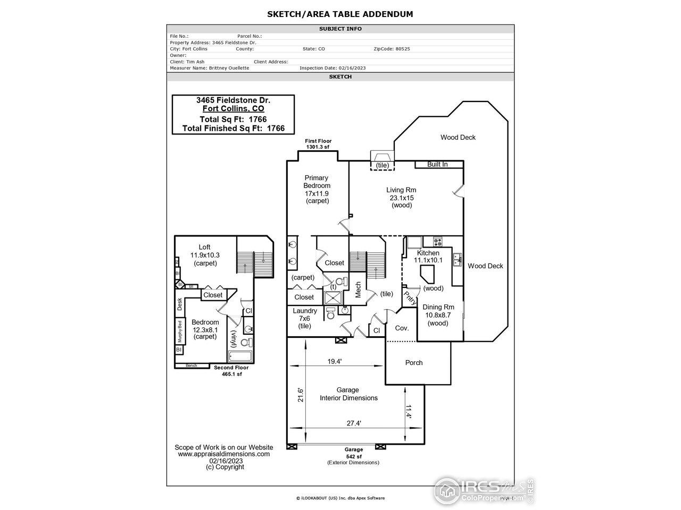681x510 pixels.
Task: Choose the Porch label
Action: [414, 363]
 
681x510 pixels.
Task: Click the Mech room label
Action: [358, 290]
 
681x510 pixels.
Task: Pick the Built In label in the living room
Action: [437, 165]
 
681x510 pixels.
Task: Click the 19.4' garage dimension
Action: [334, 361]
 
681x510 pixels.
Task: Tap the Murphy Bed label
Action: [180, 331]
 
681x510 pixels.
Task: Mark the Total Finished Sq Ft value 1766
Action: [276, 128]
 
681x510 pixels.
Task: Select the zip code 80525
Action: [402, 49]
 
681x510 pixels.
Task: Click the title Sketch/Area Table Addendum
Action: [340, 14]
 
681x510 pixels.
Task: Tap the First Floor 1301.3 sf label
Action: [318, 144]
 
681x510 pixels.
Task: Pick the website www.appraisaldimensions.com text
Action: [223, 454]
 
